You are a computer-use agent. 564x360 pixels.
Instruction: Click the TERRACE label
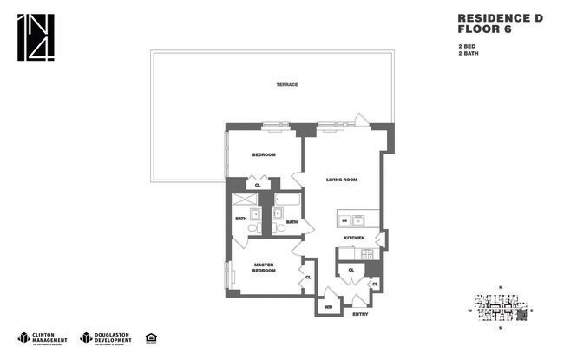point(287,84)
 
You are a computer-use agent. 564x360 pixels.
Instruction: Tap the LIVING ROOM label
point(342,180)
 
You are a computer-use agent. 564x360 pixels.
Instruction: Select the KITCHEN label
point(355,237)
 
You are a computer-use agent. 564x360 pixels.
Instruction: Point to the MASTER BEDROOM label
point(265,268)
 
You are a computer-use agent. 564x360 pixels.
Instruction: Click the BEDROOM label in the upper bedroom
point(264,154)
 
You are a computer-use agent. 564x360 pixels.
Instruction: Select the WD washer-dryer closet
point(328,306)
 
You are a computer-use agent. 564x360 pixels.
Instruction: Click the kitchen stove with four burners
point(366,253)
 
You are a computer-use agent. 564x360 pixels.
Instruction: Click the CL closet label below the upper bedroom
point(258,185)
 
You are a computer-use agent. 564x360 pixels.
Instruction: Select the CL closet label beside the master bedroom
point(307,277)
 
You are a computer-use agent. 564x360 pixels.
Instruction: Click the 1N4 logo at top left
point(35,38)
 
